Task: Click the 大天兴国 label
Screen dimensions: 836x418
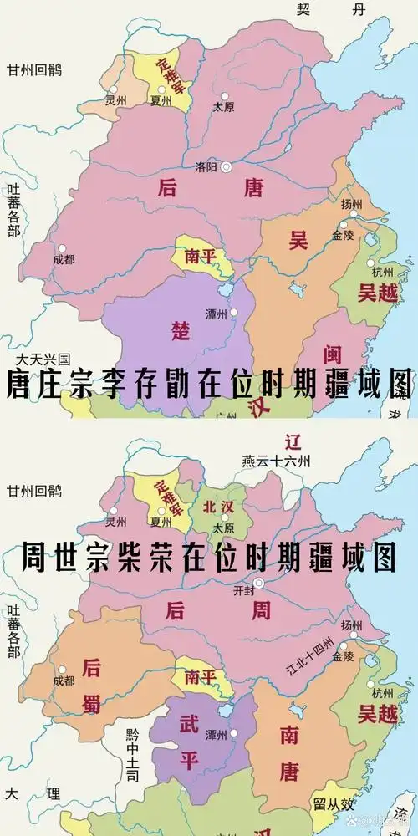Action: click(36, 358)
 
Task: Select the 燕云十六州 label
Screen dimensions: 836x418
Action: click(276, 460)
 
